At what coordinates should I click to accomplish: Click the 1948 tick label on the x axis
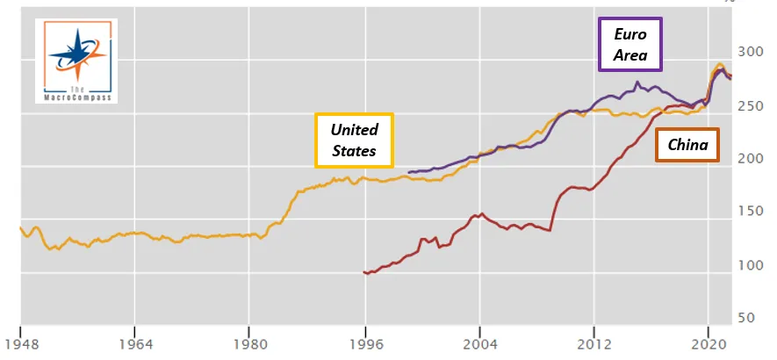[x=20, y=344]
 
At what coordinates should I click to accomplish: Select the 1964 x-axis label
[x=134, y=344]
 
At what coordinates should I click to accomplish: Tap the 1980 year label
[x=248, y=344]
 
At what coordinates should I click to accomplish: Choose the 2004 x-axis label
[x=479, y=344]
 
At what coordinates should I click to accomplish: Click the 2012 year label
[x=594, y=344]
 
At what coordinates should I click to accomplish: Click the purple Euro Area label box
[x=630, y=44]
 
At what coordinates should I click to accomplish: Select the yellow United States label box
[x=354, y=140]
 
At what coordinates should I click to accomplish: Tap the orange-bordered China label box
[x=687, y=145]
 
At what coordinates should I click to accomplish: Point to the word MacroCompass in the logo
[x=76, y=97]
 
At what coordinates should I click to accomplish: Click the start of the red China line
[x=363, y=271]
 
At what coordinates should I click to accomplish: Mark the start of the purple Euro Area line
[x=409, y=173]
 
